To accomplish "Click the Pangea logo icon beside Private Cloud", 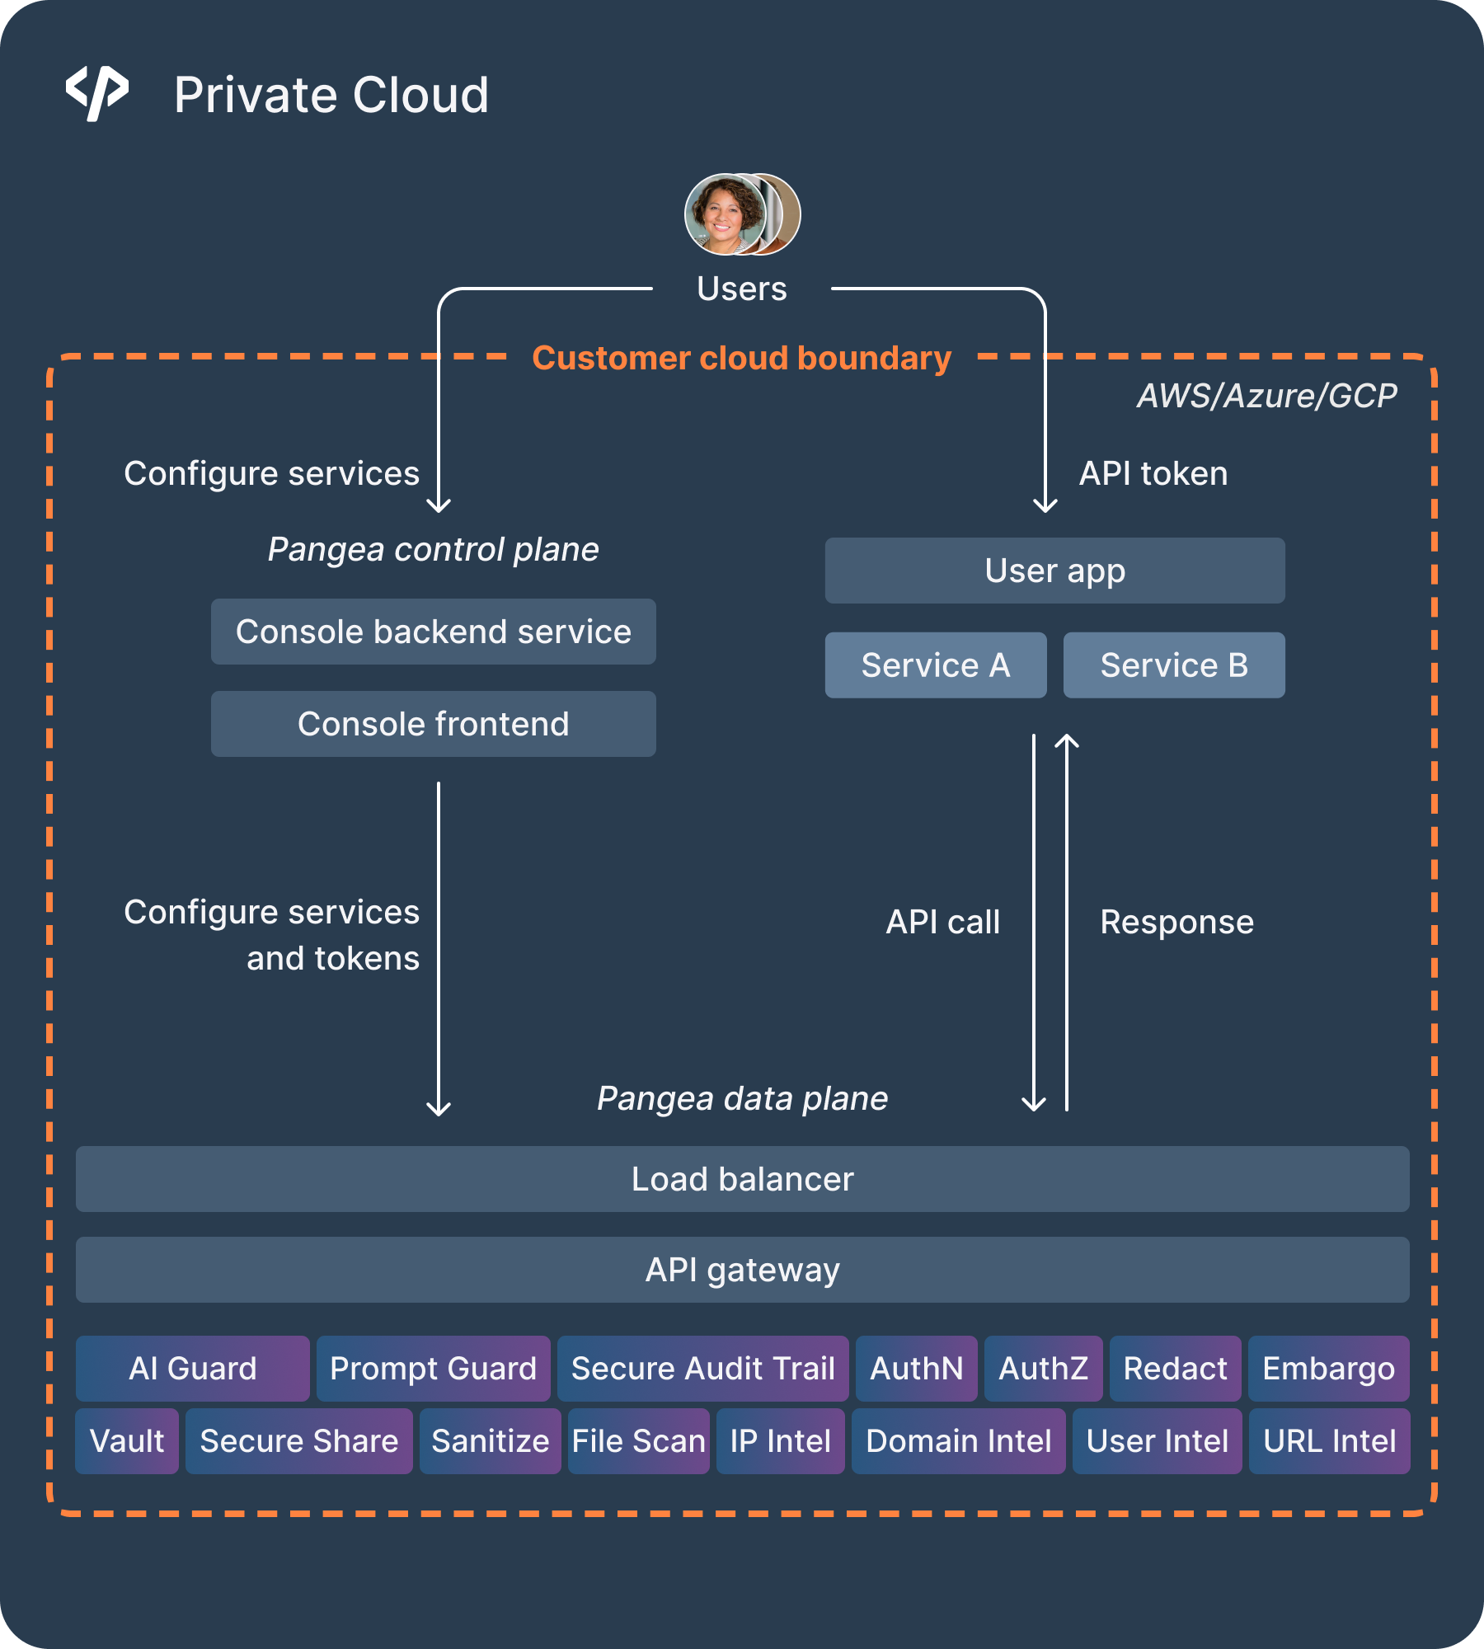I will click(97, 93).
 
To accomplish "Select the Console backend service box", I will click(433, 632).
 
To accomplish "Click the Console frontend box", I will click(433, 724).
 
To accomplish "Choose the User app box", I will click(1054, 571).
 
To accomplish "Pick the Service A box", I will click(936, 665).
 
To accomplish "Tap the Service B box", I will click(1174, 665).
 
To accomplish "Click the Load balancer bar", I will click(742, 1179).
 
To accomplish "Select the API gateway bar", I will click(742, 1270).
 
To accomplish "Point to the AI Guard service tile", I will click(193, 1369).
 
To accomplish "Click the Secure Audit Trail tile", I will click(703, 1369).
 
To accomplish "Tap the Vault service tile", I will click(127, 1441).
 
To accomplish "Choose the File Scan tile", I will click(639, 1441).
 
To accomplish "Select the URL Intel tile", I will click(1329, 1441).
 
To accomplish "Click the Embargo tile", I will click(1328, 1369).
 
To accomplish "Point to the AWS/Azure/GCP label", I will click(1266, 396).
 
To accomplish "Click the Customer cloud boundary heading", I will click(741, 358).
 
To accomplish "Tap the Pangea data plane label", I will click(742, 1098).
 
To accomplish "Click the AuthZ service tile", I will click(1043, 1369).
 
